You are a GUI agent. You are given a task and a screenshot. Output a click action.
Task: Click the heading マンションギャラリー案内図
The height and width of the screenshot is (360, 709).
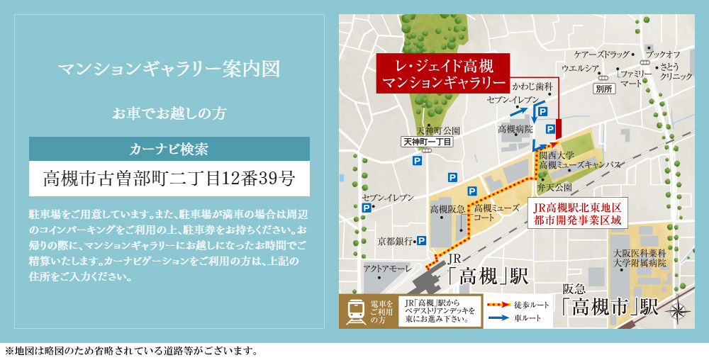pyautogui.click(x=169, y=69)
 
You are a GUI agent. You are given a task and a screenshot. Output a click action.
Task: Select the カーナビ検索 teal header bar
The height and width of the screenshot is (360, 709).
pyautogui.click(x=169, y=150)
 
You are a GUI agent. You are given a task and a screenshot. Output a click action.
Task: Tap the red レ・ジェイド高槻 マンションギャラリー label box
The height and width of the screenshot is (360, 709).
pyautogui.click(x=444, y=74)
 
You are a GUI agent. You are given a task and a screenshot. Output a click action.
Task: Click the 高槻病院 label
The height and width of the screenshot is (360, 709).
pyautogui.click(x=515, y=130)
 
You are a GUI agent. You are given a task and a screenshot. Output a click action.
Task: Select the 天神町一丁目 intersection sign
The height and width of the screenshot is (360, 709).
pyautogui.click(x=426, y=142)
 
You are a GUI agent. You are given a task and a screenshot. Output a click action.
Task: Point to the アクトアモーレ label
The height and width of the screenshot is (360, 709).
pyautogui.click(x=387, y=269)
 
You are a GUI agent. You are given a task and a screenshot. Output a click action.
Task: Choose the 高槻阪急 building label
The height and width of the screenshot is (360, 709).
pyautogui.click(x=447, y=209)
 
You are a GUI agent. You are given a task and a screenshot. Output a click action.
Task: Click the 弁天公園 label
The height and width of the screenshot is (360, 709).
pyautogui.click(x=555, y=188)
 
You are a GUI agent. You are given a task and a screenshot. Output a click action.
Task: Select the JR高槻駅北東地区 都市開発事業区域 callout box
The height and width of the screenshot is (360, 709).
pyautogui.click(x=579, y=213)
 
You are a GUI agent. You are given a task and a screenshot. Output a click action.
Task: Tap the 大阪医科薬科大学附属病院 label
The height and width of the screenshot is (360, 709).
pyautogui.click(x=640, y=257)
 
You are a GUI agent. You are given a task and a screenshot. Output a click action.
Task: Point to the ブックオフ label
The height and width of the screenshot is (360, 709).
pyautogui.click(x=664, y=55)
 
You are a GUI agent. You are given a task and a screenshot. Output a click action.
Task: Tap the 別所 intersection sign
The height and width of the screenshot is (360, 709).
pyautogui.click(x=604, y=89)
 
